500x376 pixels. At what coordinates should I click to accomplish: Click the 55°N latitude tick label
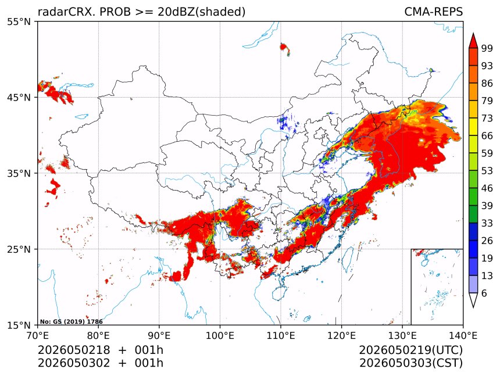[x=19, y=22]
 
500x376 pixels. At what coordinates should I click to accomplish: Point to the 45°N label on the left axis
[x=19, y=98]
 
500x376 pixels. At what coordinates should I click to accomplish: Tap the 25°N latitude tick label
[x=19, y=249]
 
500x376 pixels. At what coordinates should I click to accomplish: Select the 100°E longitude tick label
[x=220, y=336]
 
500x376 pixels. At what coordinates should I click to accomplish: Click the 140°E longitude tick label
[x=463, y=336]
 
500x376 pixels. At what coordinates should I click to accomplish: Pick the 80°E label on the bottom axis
[x=98, y=336]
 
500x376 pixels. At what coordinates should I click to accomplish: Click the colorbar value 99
[x=487, y=48]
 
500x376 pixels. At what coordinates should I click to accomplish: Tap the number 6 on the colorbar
[x=484, y=293]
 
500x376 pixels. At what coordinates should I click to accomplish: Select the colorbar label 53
[x=487, y=171]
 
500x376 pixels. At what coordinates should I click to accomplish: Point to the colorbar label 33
[x=487, y=223]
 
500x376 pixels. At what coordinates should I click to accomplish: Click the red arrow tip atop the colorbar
[x=473, y=33]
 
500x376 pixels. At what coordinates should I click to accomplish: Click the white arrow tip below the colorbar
[x=473, y=307]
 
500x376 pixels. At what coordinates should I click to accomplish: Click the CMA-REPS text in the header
[x=433, y=12]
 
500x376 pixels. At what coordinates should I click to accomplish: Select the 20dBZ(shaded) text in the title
[x=201, y=12]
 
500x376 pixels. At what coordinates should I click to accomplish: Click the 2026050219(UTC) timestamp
[x=410, y=350]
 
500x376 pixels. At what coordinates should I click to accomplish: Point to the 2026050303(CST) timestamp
[x=410, y=363]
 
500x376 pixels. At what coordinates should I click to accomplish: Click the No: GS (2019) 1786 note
[x=72, y=322]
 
